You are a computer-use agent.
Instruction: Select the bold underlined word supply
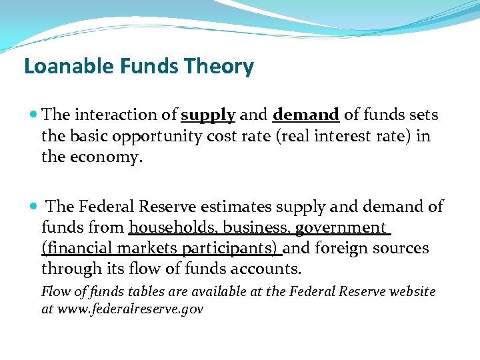tap(208, 115)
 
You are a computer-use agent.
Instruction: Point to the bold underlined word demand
tap(306, 115)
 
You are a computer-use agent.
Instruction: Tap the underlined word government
tap(340, 228)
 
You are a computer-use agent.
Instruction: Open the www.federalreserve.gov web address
tap(131, 309)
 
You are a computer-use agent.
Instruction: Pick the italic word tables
tap(126, 291)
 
